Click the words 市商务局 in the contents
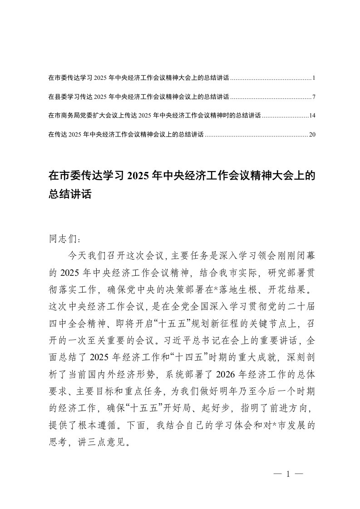point(65,116)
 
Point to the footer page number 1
point(288,474)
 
